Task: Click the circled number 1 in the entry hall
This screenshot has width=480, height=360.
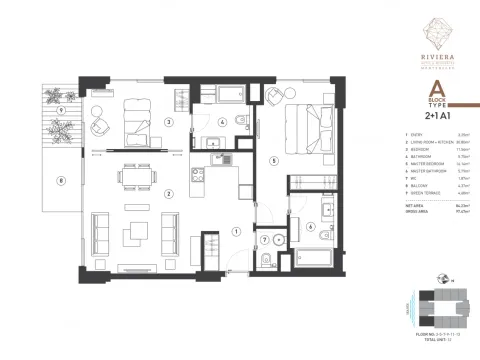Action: point(237,231)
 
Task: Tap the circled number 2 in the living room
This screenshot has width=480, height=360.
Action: point(169,194)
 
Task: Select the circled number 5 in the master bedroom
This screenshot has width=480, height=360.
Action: point(273,159)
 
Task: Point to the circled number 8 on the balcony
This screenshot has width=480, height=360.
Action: point(62,181)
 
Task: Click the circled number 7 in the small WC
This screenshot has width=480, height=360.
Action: point(265,240)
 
